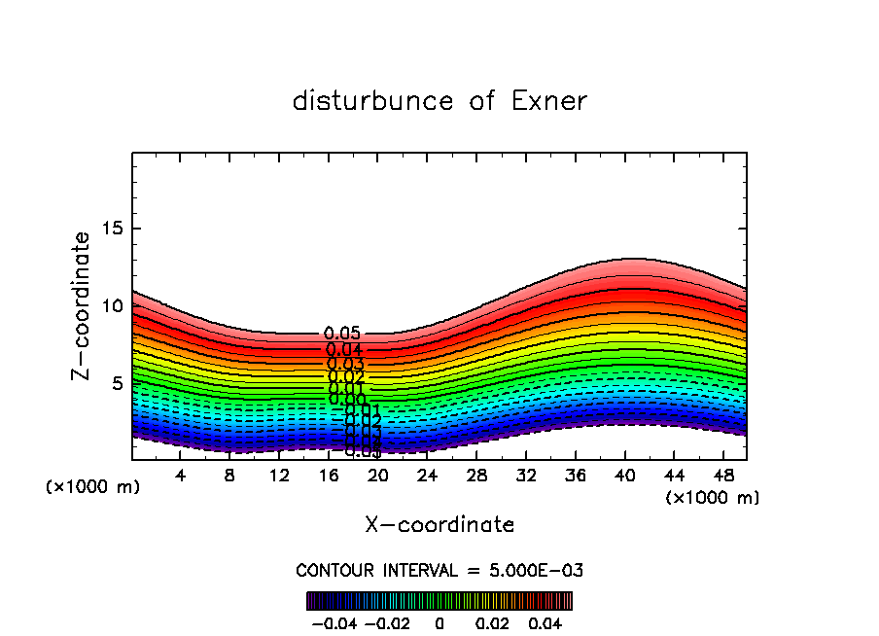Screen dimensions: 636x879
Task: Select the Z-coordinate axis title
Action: (82, 305)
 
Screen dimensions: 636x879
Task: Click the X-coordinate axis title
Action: (439, 525)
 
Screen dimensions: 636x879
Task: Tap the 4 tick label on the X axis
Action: (181, 476)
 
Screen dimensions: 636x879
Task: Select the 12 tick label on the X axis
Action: (279, 476)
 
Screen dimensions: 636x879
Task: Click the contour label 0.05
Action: (342, 335)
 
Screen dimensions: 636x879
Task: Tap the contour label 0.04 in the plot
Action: (344, 350)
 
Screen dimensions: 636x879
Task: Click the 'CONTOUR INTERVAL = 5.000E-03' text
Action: (439, 570)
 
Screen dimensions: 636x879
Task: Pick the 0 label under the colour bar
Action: (439, 622)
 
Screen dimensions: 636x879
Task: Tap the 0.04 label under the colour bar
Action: (545, 622)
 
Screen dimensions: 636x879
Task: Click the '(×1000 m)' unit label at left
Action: (93, 487)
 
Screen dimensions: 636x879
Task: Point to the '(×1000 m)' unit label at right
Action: (713, 498)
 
